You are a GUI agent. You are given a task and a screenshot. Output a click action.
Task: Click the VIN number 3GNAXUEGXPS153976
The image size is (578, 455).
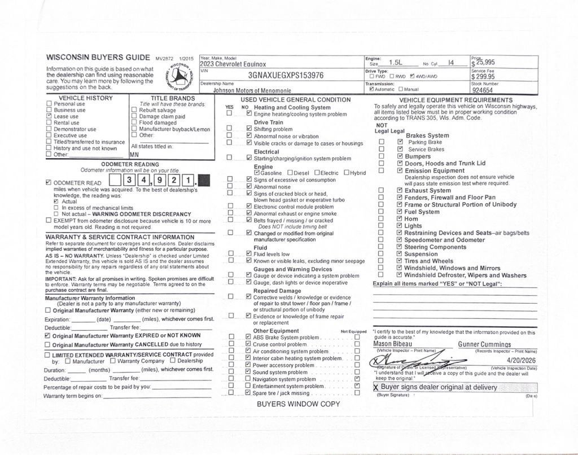[x=286, y=76]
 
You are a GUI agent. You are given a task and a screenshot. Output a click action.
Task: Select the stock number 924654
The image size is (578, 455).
[x=483, y=90]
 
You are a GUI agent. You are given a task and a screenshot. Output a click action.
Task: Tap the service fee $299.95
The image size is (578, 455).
[x=484, y=77]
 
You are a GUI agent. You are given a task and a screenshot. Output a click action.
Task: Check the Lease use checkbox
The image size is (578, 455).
[x=49, y=116]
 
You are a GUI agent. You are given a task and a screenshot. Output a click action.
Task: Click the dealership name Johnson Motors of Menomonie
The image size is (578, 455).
[x=252, y=90]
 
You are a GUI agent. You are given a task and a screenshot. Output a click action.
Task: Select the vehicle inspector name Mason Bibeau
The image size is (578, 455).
[x=393, y=344]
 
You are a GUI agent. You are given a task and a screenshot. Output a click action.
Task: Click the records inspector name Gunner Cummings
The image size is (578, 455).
[x=484, y=344]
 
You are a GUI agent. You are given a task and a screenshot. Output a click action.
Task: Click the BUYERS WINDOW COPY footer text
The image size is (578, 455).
[x=299, y=404]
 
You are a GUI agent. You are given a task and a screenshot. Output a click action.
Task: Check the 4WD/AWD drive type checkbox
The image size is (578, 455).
[x=413, y=76]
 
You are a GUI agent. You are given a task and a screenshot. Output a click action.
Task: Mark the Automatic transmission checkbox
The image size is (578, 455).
[x=371, y=89]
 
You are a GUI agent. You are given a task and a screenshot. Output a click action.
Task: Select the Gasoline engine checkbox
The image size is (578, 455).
[x=257, y=173]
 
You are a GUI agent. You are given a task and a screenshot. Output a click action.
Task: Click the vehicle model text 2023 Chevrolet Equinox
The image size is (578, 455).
[x=233, y=64]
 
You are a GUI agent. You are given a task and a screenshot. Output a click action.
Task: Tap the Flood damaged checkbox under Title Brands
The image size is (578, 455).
[x=134, y=123]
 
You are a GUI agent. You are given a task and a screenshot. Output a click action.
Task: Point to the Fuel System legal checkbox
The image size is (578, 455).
[x=400, y=212]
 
